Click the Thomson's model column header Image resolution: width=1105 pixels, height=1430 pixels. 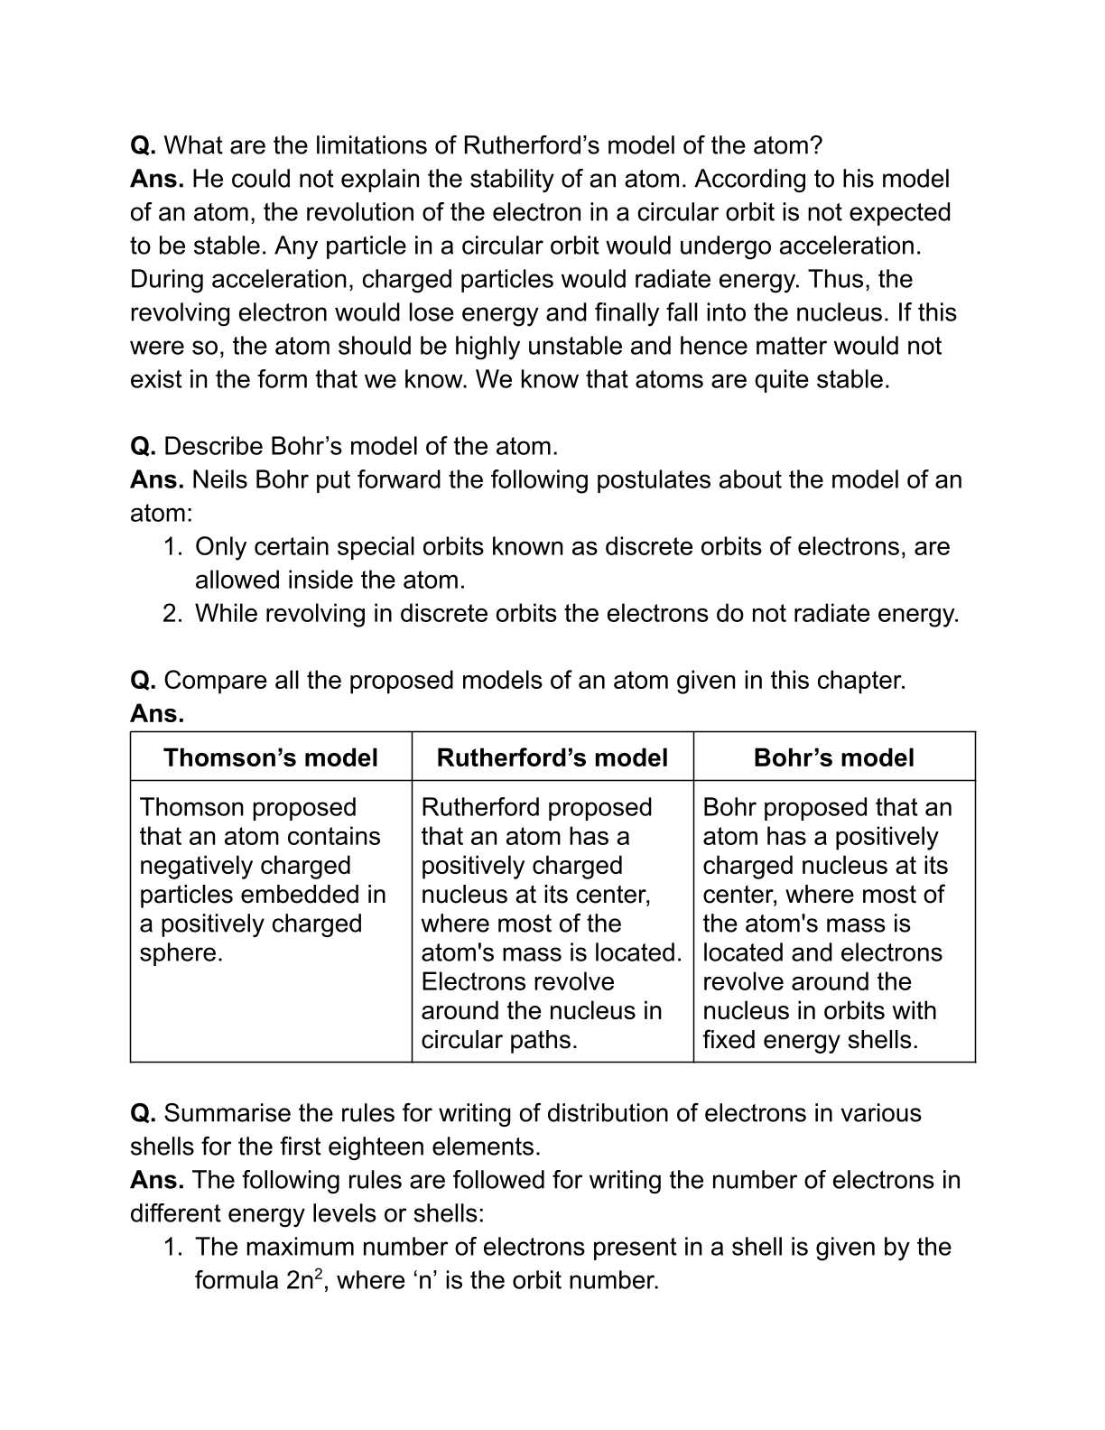(x=270, y=757)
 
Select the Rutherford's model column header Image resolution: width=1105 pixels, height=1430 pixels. (x=552, y=757)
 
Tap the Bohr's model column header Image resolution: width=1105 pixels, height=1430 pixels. (x=833, y=757)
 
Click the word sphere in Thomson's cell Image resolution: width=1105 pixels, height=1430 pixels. (x=181, y=953)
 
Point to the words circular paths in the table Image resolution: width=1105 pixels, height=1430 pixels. (x=498, y=1040)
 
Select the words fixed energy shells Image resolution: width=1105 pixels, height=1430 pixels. (x=810, y=1040)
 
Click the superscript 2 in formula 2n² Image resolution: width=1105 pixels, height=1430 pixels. (x=319, y=1273)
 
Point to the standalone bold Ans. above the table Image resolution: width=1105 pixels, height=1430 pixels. (x=157, y=714)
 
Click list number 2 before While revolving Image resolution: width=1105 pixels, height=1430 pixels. (x=172, y=614)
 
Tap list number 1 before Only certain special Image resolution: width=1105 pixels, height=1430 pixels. (x=172, y=547)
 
